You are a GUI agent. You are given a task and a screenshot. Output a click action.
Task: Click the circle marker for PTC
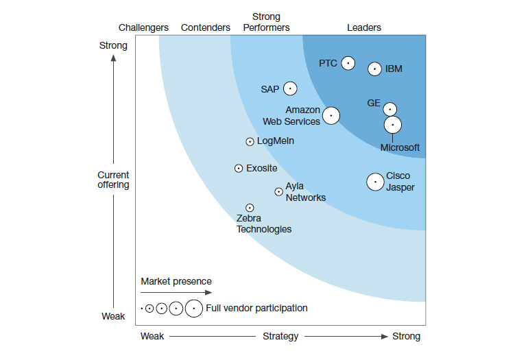click(x=348, y=63)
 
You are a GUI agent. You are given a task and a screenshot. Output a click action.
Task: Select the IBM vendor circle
click(x=374, y=69)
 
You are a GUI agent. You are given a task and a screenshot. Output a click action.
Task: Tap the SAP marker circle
click(x=290, y=88)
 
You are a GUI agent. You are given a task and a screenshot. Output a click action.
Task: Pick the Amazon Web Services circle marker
click(x=331, y=115)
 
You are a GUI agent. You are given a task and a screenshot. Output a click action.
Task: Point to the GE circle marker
click(x=389, y=108)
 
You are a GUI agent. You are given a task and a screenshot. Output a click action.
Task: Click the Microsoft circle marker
click(x=392, y=125)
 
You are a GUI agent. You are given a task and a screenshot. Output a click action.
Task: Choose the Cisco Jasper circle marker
click(x=375, y=182)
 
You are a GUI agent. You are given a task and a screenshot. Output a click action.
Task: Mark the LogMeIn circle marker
click(x=250, y=142)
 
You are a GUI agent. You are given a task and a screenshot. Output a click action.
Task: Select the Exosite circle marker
click(x=239, y=168)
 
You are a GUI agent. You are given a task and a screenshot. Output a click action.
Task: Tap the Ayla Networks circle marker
click(x=278, y=192)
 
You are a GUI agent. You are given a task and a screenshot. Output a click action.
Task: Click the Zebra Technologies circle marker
click(x=250, y=208)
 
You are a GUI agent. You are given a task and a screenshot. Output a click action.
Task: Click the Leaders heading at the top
click(x=364, y=27)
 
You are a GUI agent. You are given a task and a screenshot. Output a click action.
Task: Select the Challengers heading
click(x=143, y=27)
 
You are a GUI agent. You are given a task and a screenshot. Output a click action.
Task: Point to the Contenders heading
click(x=206, y=27)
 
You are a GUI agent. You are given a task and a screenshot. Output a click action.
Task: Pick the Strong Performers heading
click(x=266, y=22)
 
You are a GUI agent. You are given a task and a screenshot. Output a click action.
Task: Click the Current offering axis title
click(x=113, y=180)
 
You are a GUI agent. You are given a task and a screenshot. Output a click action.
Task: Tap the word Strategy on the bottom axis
click(x=280, y=336)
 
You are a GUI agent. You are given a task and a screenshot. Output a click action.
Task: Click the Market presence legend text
click(x=176, y=281)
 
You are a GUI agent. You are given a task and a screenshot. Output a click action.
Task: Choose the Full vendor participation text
click(x=256, y=308)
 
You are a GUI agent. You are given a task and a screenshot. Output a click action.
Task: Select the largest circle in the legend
click(x=194, y=309)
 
